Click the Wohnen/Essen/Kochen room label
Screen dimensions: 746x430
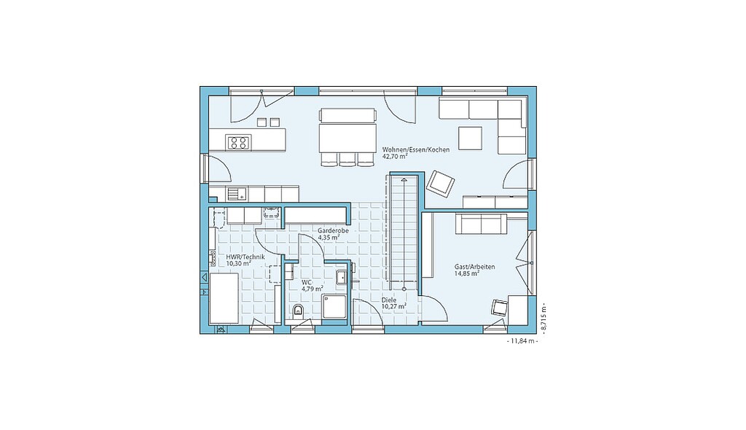coord(416,149)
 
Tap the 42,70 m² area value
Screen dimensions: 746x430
coord(395,156)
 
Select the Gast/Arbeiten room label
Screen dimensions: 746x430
coord(474,267)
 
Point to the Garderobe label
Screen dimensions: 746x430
coord(333,230)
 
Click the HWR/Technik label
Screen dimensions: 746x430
coord(246,257)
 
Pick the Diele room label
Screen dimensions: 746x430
coord(389,300)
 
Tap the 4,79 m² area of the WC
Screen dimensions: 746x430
coord(312,288)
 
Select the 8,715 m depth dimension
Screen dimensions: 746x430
coord(543,317)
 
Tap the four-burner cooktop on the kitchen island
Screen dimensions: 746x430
coord(238,142)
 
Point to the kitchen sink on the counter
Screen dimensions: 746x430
coord(237,194)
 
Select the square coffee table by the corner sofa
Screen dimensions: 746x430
coord(470,138)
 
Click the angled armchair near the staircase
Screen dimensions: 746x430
coord(440,184)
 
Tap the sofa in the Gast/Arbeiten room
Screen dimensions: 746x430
coord(481,223)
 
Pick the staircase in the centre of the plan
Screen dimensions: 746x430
coord(404,232)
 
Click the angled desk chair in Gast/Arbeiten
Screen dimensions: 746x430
coord(500,307)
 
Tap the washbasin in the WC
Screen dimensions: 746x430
coord(342,277)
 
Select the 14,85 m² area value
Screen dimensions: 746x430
coord(466,273)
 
